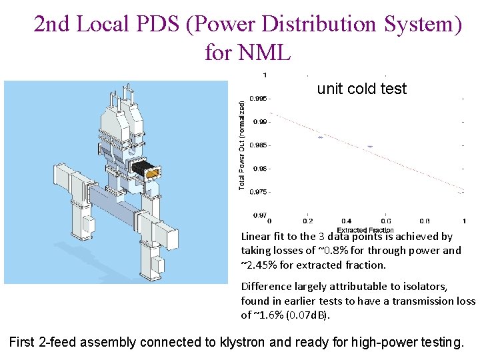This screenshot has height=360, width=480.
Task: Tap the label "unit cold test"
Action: click(361, 89)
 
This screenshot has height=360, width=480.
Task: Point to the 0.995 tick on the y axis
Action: click(259, 99)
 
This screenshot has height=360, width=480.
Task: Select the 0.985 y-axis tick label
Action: click(259, 145)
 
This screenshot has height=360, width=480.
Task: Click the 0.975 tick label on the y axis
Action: click(259, 192)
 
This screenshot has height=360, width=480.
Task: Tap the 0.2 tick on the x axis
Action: click(308, 221)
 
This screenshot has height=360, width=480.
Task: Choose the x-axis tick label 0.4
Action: click(347, 221)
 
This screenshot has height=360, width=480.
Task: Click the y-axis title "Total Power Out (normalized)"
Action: click(242, 144)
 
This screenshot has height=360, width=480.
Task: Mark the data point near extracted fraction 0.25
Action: click(320, 137)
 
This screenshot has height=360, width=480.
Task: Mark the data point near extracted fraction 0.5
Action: click(369, 146)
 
